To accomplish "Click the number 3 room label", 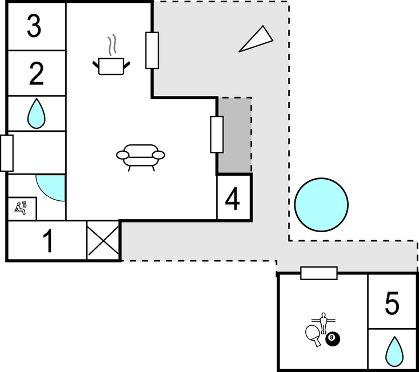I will (34, 26).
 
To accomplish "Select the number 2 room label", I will (36, 74).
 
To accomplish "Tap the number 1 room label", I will (49, 241).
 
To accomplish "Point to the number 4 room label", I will (233, 199).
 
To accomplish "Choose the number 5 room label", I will (392, 304).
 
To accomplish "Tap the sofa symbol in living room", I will (140, 156).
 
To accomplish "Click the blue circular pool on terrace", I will (321, 204).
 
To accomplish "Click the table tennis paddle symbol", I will (313, 334).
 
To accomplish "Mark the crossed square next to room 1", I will (103, 240).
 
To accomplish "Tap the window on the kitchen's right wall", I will (151, 50).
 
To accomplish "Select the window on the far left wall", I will (6, 153).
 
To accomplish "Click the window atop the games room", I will (318, 273).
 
